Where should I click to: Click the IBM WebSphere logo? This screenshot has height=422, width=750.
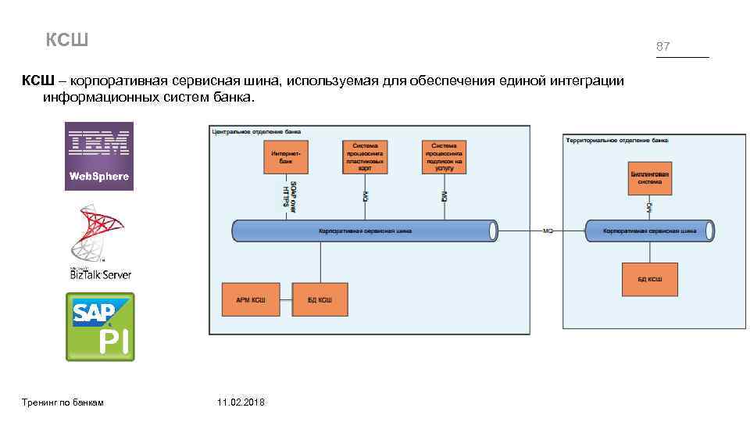98,156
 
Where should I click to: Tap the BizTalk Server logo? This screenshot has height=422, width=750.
99,243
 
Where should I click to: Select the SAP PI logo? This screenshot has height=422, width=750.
99,327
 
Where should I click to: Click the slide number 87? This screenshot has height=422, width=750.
662,47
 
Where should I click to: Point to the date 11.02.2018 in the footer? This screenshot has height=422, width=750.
241,402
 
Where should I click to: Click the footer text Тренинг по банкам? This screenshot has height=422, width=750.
64,402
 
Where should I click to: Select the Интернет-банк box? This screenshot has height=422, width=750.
285,156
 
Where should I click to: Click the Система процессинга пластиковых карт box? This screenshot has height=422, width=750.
365,156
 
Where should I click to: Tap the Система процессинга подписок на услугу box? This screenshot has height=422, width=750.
444,156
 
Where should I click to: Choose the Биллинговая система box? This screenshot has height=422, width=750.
648,178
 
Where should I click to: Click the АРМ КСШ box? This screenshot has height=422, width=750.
250,300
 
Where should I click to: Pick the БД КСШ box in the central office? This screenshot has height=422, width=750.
320,300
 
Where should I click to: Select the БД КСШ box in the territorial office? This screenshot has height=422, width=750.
649,279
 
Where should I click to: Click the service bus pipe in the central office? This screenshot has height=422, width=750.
365,231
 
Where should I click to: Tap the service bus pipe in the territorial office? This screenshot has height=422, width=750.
649,231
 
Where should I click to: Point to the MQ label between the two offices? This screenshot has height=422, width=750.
548,231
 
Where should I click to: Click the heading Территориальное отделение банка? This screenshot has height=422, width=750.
616,140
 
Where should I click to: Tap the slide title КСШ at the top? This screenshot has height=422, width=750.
67,39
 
